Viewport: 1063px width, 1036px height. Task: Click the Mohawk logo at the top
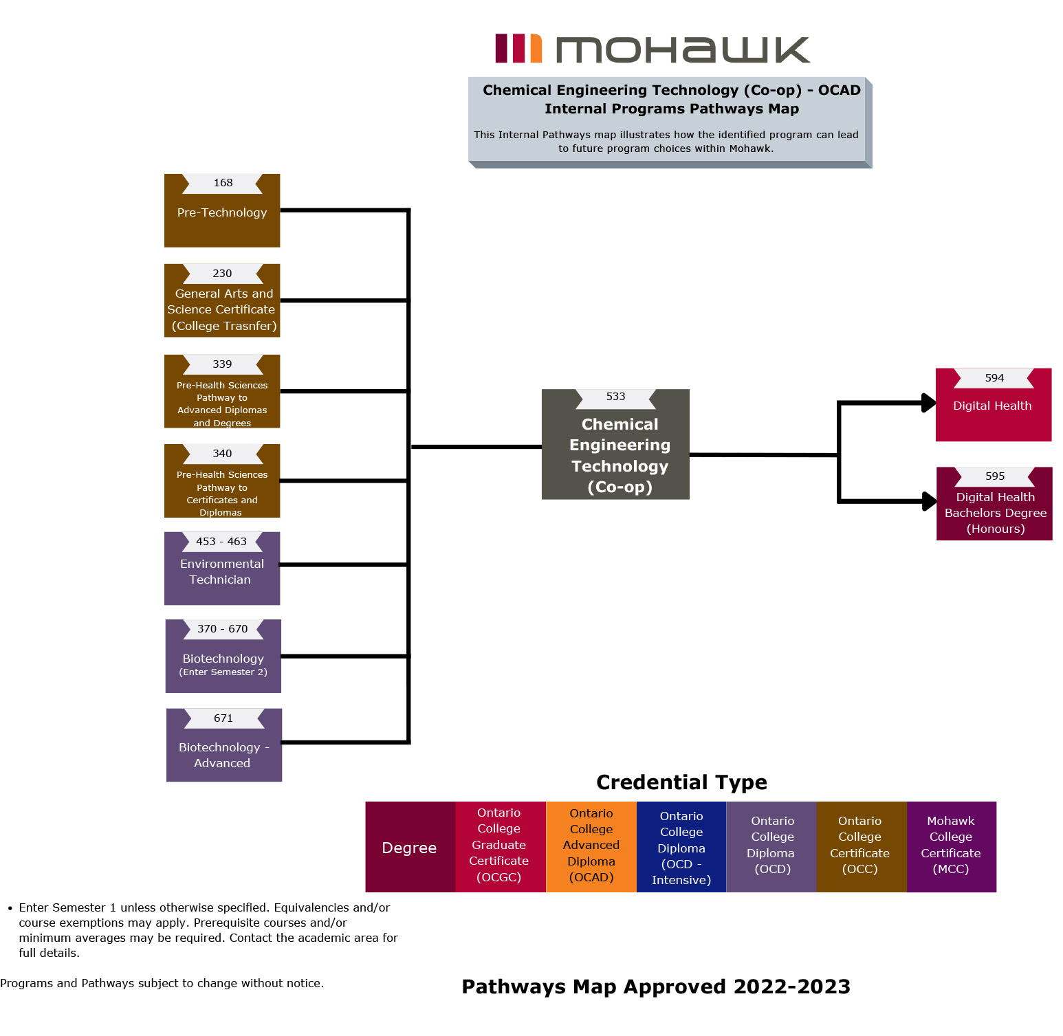652,49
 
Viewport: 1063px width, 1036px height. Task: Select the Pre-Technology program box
222,212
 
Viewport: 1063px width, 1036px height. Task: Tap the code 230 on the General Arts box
222,274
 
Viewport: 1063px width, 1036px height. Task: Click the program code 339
222,364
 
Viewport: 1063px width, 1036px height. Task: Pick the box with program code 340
222,481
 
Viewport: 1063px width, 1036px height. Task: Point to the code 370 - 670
223,629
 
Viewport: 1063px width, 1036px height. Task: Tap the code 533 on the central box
615,397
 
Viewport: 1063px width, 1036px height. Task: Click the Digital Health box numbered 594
994,406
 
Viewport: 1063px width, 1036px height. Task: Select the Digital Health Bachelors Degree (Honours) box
994,509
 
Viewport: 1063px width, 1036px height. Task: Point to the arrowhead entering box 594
928,403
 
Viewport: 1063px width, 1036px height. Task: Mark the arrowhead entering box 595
929,501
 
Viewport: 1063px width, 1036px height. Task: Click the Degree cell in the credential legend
410,848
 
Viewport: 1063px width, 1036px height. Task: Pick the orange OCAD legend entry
591,846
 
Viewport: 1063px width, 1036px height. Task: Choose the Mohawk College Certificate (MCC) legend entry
951,846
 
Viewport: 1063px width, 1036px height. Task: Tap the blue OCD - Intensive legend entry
681,846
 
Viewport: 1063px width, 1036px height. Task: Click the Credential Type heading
681,782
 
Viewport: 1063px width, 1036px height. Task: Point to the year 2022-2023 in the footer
791,987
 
